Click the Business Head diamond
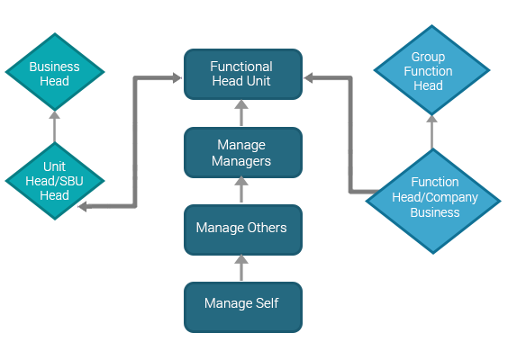click(x=55, y=72)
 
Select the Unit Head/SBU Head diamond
click(x=55, y=181)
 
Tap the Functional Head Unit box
click(x=243, y=74)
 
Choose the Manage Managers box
click(x=243, y=152)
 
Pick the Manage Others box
click(x=243, y=229)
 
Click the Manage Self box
click(x=243, y=307)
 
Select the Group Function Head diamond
click(x=431, y=70)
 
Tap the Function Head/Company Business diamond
click(x=433, y=201)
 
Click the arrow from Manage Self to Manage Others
click(x=241, y=268)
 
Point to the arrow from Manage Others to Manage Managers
click(x=241, y=190)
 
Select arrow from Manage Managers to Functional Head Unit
click(x=241, y=112)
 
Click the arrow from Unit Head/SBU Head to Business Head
click(x=54, y=127)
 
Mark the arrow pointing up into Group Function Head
click(x=431, y=131)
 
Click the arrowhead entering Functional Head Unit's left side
click(x=177, y=77)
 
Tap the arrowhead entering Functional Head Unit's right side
click(x=308, y=77)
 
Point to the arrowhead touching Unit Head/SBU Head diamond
click(x=82, y=206)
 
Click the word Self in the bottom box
click(x=267, y=303)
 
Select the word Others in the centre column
click(x=267, y=228)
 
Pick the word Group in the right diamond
click(x=428, y=58)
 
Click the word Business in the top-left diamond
click(x=54, y=67)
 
